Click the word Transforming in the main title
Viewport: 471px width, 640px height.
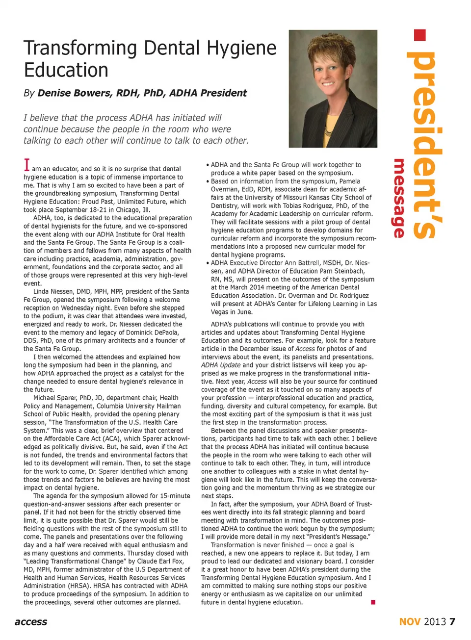tap(81, 49)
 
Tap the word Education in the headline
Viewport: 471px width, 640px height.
tap(66, 70)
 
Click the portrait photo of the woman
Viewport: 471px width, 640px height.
tap(333, 89)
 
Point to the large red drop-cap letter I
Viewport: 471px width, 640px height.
tap(27, 165)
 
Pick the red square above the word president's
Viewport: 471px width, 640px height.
tap(420, 35)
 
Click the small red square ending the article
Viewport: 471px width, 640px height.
tap(373, 602)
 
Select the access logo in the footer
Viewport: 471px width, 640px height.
tap(31, 622)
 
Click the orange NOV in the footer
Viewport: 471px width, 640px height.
tap(410, 622)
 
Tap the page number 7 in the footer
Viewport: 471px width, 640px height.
tap(452, 622)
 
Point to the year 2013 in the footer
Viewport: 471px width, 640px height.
tap(435, 622)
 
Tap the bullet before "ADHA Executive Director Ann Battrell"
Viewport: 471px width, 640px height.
tap(208, 263)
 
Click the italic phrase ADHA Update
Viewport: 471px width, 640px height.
tap(221, 365)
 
